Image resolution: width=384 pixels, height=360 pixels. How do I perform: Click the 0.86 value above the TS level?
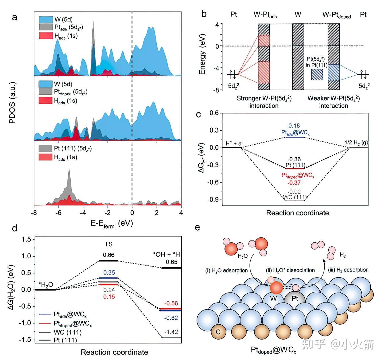tap(109, 255)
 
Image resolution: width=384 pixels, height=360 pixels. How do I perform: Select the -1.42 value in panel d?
tap(171, 332)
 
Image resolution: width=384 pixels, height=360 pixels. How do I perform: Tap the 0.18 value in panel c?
tap(294, 126)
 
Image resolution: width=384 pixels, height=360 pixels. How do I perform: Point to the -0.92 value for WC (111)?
tap(294, 192)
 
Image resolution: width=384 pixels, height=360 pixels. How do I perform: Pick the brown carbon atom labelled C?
tap(218, 332)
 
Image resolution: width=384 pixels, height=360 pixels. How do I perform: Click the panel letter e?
tap(197, 227)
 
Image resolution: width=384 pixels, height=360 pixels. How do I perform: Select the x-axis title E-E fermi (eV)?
tap(112, 223)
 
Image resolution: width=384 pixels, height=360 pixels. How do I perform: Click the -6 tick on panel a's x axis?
tap(59, 213)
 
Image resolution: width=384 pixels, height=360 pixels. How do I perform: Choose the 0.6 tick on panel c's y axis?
tap(214, 113)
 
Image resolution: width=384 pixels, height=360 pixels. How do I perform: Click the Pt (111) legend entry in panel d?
tap(65, 340)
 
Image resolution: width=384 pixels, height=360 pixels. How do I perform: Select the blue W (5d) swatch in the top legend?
tap(46, 20)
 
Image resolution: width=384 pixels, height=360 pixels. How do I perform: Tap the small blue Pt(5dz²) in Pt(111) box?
tap(317, 74)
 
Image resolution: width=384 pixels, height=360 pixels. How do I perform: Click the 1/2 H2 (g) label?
tap(356, 143)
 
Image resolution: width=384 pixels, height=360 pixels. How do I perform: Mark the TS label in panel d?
tap(108, 244)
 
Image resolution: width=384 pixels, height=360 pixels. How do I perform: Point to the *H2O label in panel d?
tap(46, 285)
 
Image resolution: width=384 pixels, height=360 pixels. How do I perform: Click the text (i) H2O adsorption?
tap(226, 270)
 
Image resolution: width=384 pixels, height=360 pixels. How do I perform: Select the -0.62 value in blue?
tap(171, 318)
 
